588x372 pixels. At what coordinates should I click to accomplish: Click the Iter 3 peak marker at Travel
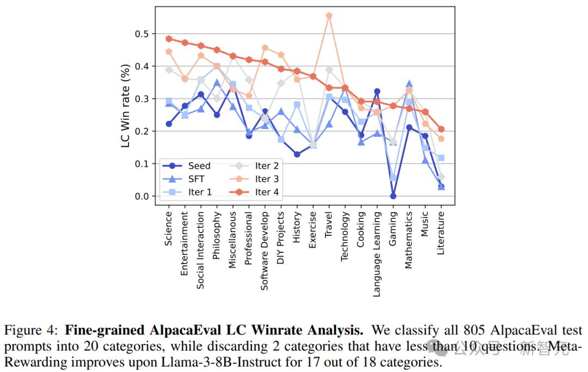pyautogui.click(x=329, y=16)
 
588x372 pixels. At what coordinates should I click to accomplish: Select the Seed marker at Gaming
pyautogui.click(x=393, y=196)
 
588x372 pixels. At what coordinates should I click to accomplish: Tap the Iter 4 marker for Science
pyautogui.click(x=169, y=39)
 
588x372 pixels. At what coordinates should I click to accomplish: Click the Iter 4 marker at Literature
pyautogui.click(x=441, y=129)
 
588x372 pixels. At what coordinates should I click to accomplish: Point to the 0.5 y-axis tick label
pyautogui.click(x=141, y=34)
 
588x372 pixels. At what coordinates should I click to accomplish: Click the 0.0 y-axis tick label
pyautogui.click(x=141, y=196)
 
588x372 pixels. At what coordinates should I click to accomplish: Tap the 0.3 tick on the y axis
pyautogui.click(x=141, y=99)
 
